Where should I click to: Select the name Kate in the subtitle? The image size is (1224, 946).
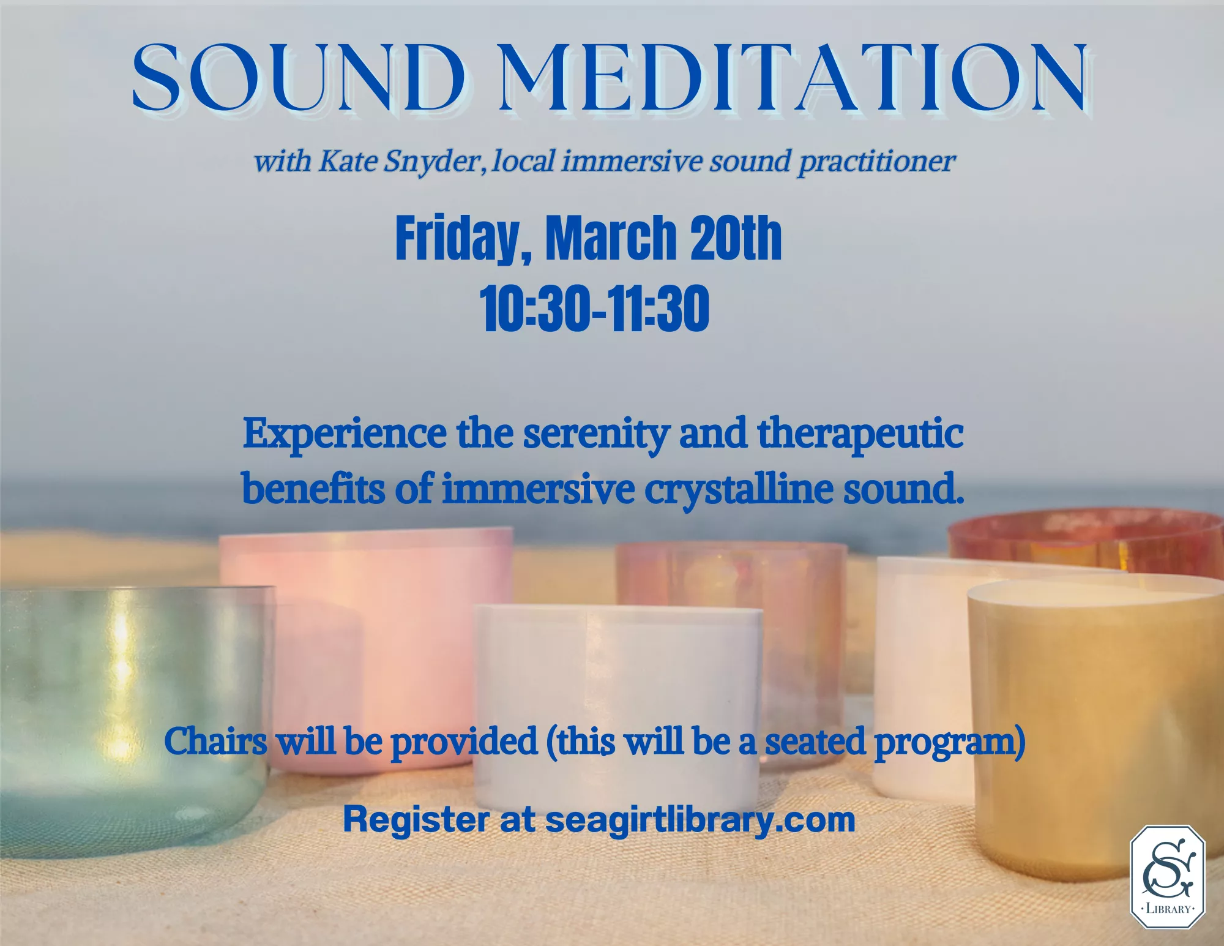pos(347,162)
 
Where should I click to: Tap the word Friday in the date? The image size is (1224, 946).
pos(458,238)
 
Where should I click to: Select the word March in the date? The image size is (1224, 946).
pos(610,238)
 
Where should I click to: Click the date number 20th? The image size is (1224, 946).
pos(736,238)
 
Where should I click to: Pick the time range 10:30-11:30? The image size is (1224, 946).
pos(594,309)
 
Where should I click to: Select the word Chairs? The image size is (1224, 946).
pos(215,741)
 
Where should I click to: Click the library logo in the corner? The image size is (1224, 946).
pos(1167,877)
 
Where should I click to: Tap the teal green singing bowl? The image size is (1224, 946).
pos(122,704)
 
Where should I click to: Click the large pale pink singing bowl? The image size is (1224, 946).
pos(367,612)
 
